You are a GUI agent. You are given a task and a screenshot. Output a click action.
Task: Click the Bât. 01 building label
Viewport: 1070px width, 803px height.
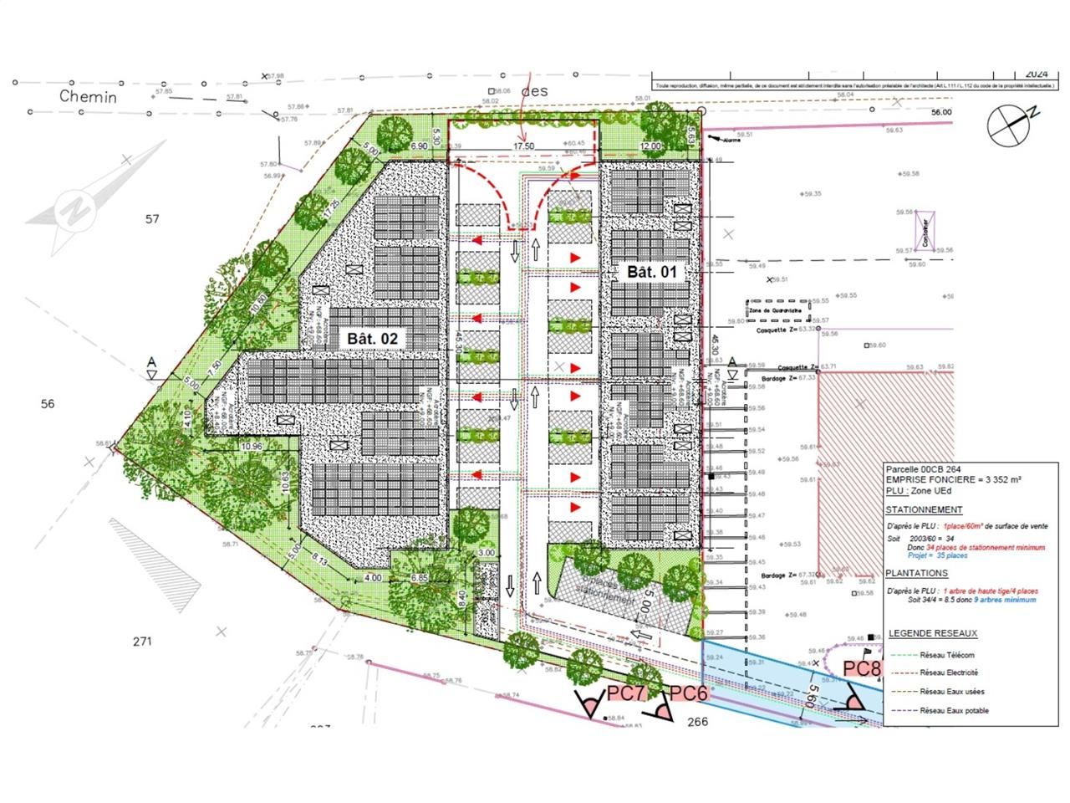point(651,272)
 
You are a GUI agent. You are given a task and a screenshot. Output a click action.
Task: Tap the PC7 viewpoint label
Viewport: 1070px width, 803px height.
point(627,693)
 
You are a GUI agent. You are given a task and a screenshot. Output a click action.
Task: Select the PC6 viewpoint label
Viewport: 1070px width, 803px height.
point(689,693)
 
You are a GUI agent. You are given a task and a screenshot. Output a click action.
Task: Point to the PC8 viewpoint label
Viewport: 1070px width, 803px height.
point(862,669)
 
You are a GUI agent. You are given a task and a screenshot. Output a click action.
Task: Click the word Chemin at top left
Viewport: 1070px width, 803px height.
point(88,96)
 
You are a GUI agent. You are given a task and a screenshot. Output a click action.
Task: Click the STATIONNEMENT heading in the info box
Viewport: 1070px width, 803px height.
point(924,509)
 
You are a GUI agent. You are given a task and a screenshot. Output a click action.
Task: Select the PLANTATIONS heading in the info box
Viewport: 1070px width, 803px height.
point(917,573)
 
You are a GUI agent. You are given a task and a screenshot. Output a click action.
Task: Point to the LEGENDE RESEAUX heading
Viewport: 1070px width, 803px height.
point(932,633)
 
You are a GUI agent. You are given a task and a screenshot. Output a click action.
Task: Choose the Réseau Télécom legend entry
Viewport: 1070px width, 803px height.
point(947,655)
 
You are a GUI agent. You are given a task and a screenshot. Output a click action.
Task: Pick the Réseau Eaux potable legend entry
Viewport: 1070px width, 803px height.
point(954,711)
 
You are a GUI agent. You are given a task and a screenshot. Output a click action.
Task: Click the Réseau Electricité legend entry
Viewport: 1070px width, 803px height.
point(949,673)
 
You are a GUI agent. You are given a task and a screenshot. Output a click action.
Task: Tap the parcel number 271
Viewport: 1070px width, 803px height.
point(143,642)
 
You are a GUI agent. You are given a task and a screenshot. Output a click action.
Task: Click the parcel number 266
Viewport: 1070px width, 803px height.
point(697,721)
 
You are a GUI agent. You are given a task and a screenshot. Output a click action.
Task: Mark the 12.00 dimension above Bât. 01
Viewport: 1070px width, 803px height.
point(650,146)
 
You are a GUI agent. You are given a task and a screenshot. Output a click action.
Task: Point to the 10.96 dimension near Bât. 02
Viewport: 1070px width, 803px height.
point(251,447)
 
